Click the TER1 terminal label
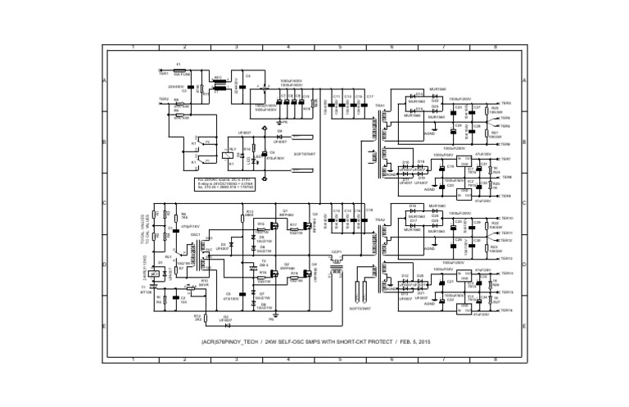(163, 74)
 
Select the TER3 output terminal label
(505, 103)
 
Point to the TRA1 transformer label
(380, 105)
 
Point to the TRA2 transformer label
(380, 219)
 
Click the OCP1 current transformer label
(336, 252)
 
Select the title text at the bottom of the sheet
(314, 341)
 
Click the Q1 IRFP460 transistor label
(287, 210)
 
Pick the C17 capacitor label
(369, 96)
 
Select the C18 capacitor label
(369, 210)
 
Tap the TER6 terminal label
(505, 143)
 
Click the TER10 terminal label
(506, 218)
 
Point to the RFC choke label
(218, 79)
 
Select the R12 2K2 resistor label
(174, 315)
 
